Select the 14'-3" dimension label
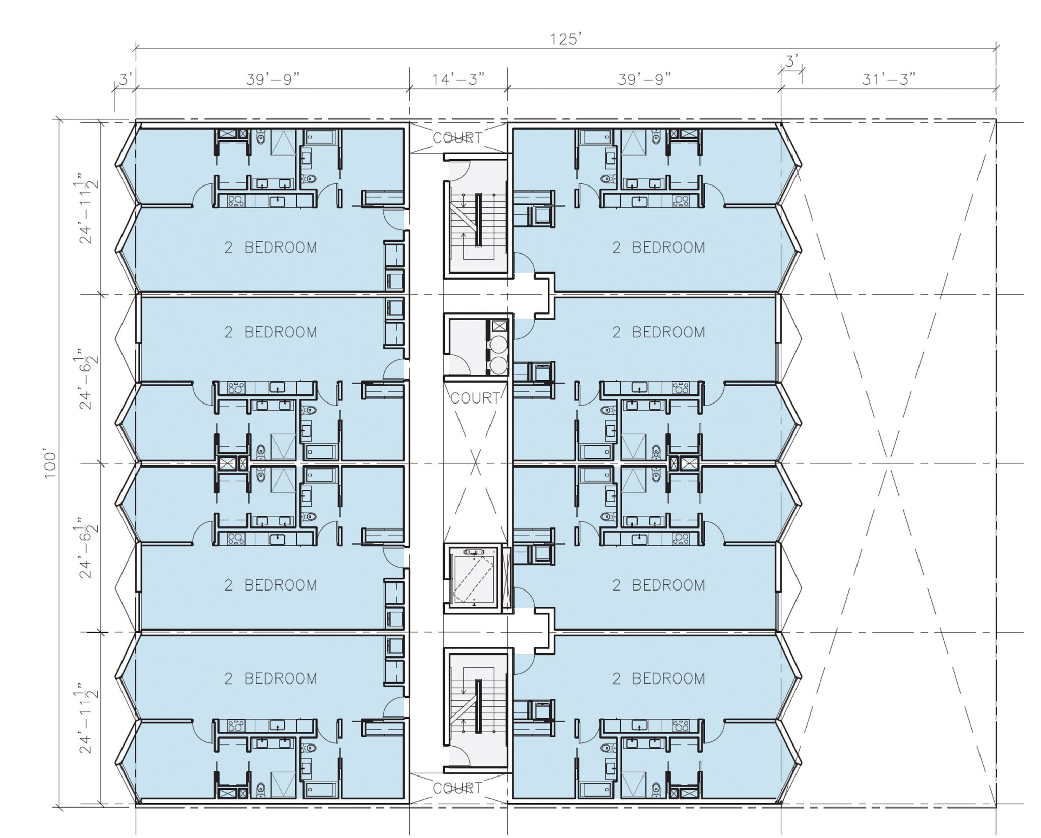pos(458,79)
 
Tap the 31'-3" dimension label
pos(889,79)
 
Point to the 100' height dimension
pos(50,463)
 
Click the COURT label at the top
pos(457,138)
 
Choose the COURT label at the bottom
pos(457,788)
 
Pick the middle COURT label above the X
pos(475,398)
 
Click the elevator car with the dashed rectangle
pos(473,579)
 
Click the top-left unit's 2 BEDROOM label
pos(270,247)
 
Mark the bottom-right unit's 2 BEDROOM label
pos(658,678)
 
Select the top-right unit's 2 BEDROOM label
pos(658,247)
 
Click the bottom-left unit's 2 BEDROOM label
pos(270,678)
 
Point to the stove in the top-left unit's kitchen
pos(236,201)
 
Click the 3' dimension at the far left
pos(126,80)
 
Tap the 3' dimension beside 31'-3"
pos(792,62)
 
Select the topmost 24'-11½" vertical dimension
pos(87,211)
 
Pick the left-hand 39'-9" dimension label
pos(272,79)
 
